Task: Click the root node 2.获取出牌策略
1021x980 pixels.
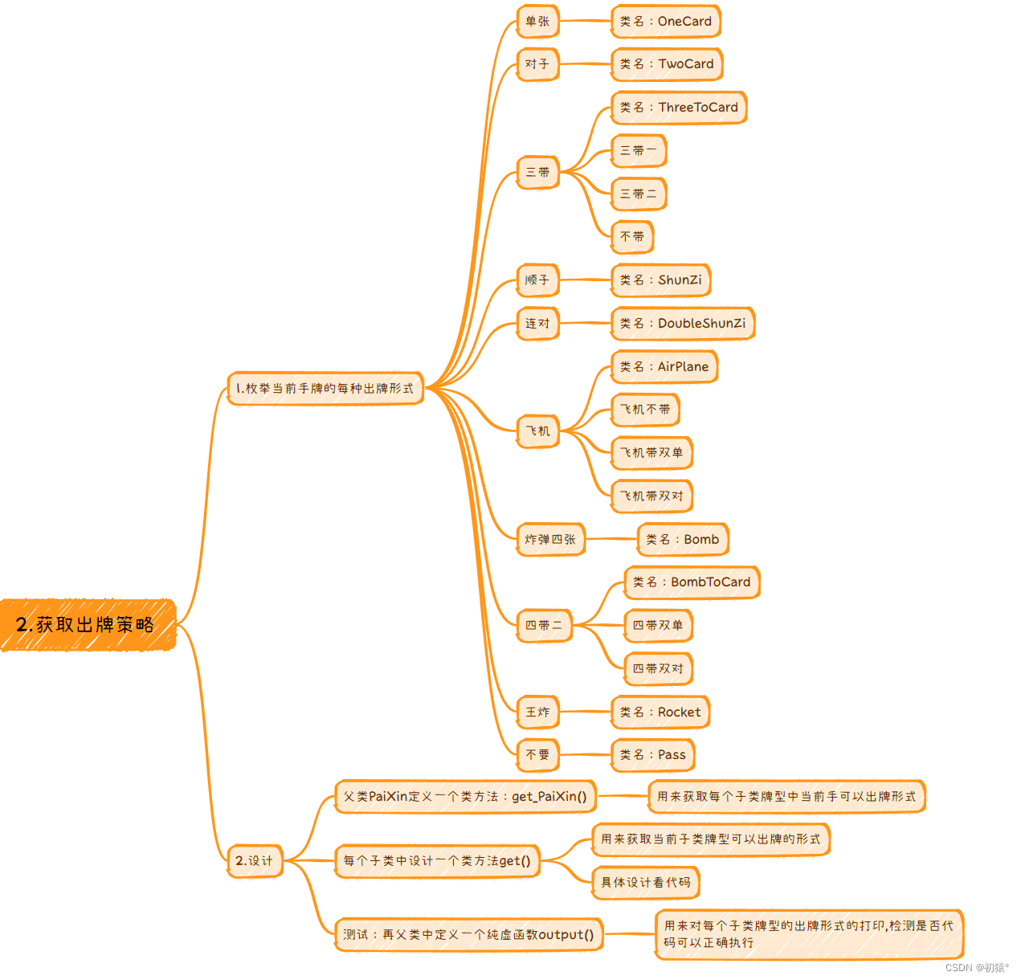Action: pos(87,624)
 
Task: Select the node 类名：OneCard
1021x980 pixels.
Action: pos(665,22)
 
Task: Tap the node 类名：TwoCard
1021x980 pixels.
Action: pos(666,64)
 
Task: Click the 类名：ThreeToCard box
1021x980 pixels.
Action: pos(678,108)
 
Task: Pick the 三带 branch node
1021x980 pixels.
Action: pos(537,172)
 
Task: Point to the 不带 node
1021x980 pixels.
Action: pos(632,237)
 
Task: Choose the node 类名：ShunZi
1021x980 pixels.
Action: pos(660,280)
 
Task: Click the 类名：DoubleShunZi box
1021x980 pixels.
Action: pos(682,324)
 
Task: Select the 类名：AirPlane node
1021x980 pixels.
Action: pos(664,367)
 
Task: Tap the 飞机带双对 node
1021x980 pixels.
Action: pos(651,496)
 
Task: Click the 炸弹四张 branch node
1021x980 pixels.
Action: pos(550,540)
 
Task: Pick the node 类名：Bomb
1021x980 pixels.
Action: pos(682,540)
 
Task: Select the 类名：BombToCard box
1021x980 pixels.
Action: pos(691,582)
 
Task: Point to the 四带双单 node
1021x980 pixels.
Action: pos(657,626)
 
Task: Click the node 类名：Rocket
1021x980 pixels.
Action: pos(660,713)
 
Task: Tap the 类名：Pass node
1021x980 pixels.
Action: pos(652,755)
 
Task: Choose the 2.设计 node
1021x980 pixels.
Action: pos(254,861)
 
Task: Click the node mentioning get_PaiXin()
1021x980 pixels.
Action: pos(464,797)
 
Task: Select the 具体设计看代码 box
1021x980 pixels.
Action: pos(645,883)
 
